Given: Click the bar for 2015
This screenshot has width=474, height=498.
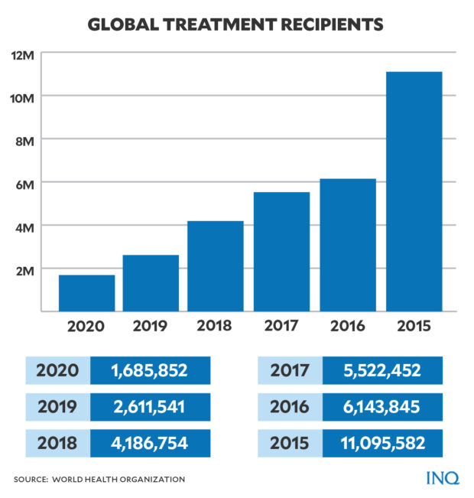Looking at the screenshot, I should tap(414, 191).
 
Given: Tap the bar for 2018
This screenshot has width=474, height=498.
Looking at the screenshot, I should tap(216, 265).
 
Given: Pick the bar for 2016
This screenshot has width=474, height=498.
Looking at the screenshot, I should tap(349, 245).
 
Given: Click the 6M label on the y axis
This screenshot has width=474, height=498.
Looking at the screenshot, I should tap(23, 183).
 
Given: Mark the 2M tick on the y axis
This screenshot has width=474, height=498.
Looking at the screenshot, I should tap(23, 269).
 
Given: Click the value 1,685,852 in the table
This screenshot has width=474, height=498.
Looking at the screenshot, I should tap(149, 371).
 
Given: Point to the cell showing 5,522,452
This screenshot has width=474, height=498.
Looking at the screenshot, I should tap(381, 371).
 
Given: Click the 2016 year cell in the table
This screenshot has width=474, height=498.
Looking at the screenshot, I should tap(290, 407).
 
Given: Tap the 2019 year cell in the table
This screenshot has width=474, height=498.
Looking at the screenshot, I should tap(57, 407).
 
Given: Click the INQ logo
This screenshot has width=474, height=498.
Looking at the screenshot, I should tap(443, 478).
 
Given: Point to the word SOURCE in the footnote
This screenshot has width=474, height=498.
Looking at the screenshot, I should tap(32, 479).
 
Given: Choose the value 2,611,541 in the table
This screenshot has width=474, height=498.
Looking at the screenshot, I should tap(149, 407).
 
